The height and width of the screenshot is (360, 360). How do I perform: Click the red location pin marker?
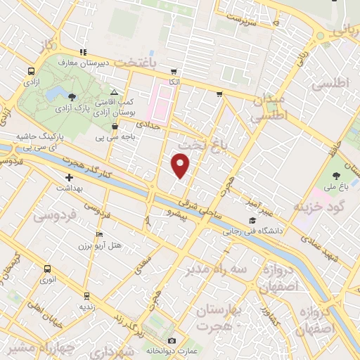coord(181,165)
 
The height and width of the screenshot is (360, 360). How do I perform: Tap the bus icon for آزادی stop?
coord(31,72)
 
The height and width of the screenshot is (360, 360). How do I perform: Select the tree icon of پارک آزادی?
coord(73,97)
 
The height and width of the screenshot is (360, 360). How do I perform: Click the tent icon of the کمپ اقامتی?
coord(115,92)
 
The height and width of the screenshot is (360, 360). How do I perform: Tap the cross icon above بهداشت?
coord(69,178)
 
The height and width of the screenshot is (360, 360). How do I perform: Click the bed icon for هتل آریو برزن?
coord(99,235)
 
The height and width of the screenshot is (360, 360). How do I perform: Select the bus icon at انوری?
coord(47,269)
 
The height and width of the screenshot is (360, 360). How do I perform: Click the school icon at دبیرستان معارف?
coord(83,51)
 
